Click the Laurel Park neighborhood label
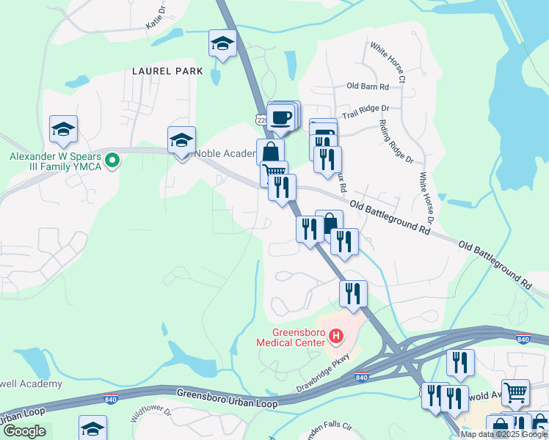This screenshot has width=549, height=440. [161, 71]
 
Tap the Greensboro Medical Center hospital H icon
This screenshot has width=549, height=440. [336, 337]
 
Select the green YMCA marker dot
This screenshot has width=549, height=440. [112, 159]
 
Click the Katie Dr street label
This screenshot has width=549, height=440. [156, 19]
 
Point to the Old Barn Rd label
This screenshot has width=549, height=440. [367, 86]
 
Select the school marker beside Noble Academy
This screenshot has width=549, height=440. [181, 140]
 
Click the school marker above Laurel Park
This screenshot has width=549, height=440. [222, 43]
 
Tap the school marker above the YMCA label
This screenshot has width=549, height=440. [64, 129]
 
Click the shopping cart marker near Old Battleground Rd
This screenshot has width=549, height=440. [274, 173]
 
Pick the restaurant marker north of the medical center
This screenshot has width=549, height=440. [353, 293]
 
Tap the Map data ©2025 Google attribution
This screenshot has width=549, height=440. [504, 434]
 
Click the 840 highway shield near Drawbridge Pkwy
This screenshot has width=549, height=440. [362, 377]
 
